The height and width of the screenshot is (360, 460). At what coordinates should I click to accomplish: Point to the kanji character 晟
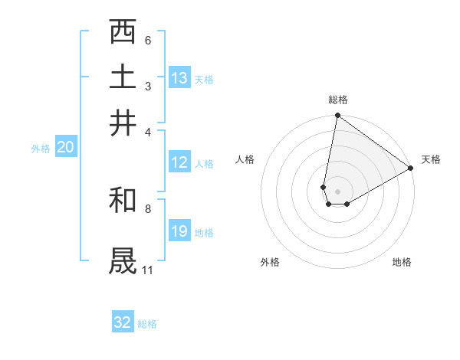123,260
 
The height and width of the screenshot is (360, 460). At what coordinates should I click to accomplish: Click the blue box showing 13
179,78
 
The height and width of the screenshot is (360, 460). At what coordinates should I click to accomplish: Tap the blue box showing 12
179,162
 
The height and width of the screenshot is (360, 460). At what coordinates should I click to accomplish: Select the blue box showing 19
179,231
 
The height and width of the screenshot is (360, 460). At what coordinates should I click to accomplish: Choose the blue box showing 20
65,148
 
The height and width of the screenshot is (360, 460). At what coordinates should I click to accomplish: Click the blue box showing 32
123,322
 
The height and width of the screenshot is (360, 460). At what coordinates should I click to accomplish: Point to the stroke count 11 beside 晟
147,270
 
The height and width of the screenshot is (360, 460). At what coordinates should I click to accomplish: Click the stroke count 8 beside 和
148,208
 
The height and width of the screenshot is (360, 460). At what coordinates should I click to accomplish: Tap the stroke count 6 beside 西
148,40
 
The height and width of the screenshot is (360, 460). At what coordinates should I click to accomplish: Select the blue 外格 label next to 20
40,149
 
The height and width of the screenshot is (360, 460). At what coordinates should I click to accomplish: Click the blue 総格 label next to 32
147,324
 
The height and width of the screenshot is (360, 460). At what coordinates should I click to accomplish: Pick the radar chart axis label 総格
337,100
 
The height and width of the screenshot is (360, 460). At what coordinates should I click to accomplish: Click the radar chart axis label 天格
431,159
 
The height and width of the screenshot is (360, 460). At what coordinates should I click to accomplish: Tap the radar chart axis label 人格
245,159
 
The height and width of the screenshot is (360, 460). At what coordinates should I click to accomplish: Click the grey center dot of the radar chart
337,191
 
